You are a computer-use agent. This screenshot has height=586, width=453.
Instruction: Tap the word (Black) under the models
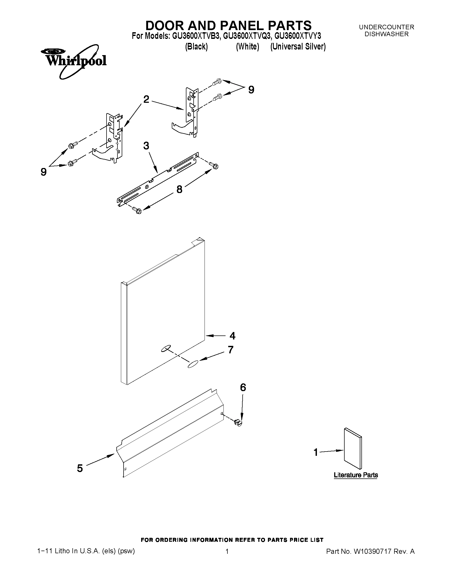197,47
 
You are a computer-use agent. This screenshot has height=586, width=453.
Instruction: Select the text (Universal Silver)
298,47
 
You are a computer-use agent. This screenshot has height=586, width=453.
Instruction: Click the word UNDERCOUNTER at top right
386,27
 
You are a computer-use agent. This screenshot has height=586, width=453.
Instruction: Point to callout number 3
146,146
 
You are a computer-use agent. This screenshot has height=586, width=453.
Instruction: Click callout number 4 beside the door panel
232,336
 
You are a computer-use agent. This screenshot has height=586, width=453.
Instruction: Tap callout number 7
231,350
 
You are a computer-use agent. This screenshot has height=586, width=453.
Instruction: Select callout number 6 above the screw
243,387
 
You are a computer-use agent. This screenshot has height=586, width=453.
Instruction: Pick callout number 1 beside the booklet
316,452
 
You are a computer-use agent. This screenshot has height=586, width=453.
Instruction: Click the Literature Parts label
356,475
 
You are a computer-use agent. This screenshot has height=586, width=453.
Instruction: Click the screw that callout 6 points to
238,423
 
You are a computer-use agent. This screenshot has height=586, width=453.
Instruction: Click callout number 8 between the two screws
179,189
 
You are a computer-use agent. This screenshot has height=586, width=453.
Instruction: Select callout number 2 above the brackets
146,100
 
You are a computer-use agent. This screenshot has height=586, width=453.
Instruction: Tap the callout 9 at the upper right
251,90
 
